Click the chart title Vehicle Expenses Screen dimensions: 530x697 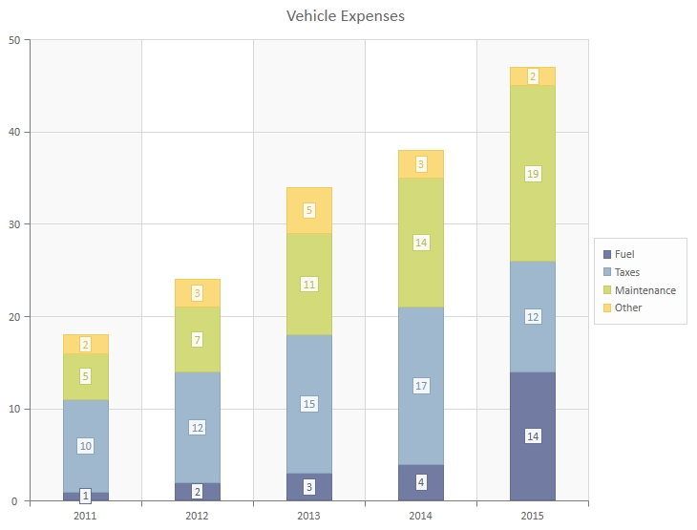[x=346, y=16]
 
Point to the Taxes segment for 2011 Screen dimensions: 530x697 [x=86, y=425]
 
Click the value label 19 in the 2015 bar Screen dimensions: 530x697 [x=533, y=174]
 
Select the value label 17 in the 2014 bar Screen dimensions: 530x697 [x=421, y=386]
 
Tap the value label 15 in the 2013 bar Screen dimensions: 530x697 [x=309, y=404]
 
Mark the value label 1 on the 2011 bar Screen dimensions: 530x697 [x=86, y=496]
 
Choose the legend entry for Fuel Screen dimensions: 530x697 [x=624, y=254]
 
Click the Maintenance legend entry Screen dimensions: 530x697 [x=644, y=290]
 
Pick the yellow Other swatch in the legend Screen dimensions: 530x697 [x=607, y=307]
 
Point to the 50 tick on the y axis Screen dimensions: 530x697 [x=14, y=40]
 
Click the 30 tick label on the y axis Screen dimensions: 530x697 [x=14, y=224]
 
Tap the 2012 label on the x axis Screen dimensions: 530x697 [x=198, y=516]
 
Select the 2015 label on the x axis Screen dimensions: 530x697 [x=533, y=516]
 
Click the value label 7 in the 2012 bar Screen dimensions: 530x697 [x=198, y=340]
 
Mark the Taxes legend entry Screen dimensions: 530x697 [x=627, y=272]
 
